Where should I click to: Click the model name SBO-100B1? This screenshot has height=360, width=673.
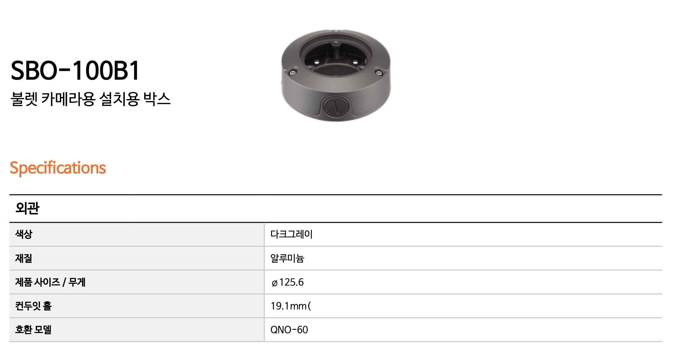(75, 70)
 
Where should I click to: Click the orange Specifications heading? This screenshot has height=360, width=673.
(58, 168)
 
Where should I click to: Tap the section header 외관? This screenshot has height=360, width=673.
(27, 208)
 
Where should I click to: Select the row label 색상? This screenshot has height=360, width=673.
(24, 234)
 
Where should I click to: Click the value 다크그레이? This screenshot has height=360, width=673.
(292, 234)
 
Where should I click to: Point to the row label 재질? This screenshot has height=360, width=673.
(24, 258)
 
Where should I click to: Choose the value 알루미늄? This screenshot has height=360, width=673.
(287, 258)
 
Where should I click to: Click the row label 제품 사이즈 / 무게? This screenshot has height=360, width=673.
(50, 282)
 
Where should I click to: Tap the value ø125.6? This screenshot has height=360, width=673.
(287, 282)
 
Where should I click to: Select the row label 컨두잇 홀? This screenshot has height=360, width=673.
(34, 306)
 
